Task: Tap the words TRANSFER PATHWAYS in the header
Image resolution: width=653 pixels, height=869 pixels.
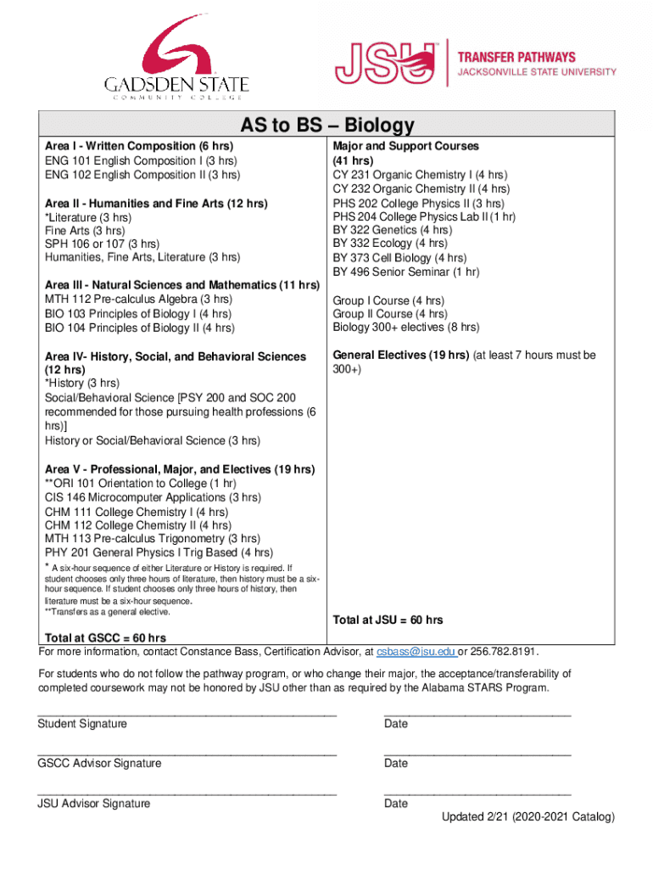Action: click(x=516, y=56)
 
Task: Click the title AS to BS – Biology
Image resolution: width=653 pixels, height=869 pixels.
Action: click(x=326, y=126)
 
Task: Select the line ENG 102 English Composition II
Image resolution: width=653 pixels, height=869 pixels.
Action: click(x=142, y=175)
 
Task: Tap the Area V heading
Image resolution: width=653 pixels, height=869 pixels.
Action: click(x=180, y=469)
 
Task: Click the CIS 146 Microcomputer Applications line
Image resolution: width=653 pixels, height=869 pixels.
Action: click(x=153, y=497)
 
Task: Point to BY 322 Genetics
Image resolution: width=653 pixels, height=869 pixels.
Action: click(x=392, y=230)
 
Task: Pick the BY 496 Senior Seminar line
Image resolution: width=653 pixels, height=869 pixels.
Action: click(x=406, y=272)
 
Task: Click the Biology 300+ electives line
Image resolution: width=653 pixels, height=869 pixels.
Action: click(x=406, y=327)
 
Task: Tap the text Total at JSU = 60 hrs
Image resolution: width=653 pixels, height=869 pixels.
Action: click(x=388, y=620)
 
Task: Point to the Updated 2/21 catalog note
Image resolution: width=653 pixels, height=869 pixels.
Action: click(x=527, y=817)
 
